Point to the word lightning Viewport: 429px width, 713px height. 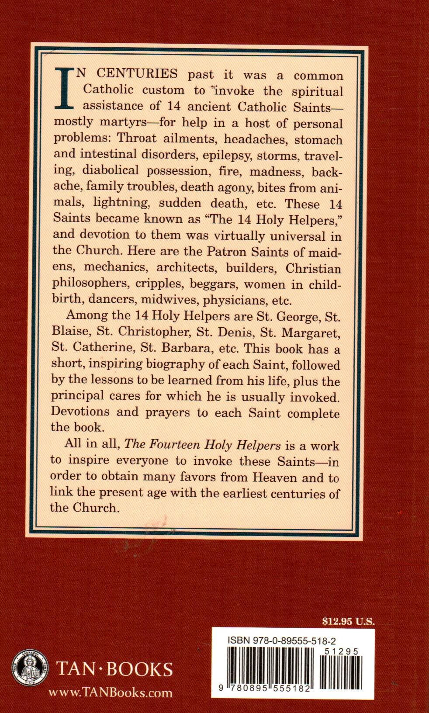tap(116, 203)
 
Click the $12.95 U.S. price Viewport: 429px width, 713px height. tap(348, 622)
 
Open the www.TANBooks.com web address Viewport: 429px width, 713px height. tap(110, 692)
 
